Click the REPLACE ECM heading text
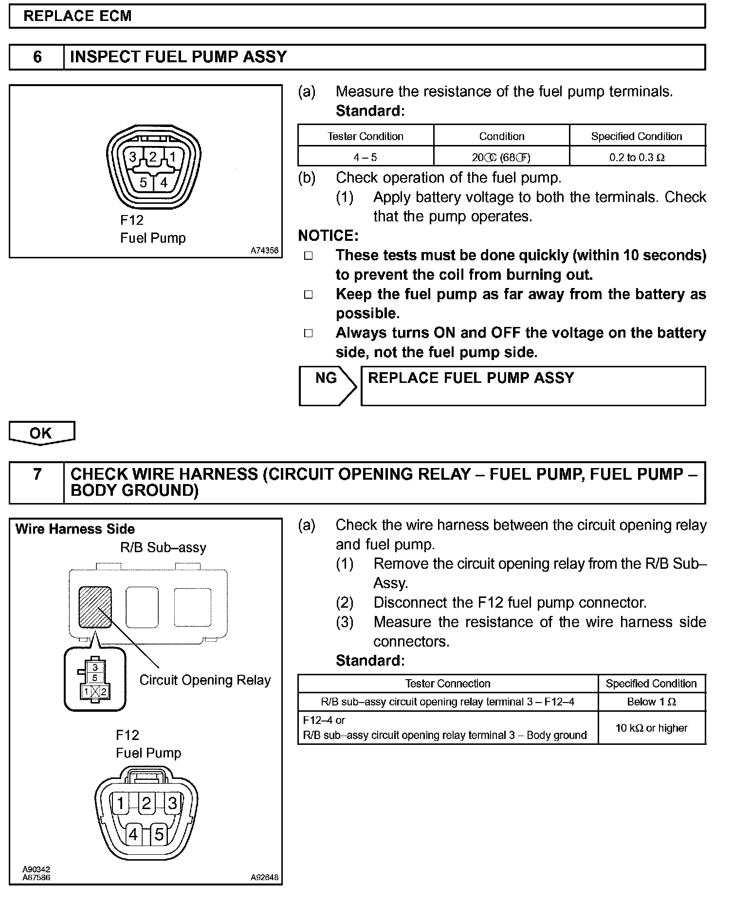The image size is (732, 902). [x=77, y=16]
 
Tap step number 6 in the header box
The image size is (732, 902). [x=37, y=57]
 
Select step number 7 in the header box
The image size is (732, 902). [x=37, y=474]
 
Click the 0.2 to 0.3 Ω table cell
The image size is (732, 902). [x=637, y=158]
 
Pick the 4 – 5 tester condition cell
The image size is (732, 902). [x=365, y=158]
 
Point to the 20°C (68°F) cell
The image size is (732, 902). [x=501, y=158]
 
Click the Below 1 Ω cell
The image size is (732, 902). [x=651, y=702]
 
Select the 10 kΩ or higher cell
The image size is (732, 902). [x=651, y=728]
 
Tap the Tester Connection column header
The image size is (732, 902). [x=447, y=684]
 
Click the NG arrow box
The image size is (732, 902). [x=327, y=385]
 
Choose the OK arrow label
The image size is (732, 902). [x=41, y=433]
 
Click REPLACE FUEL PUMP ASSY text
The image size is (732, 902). [x=471, y=378]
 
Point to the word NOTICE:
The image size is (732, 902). [x=328, y=236]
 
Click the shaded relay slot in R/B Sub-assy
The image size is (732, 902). [x=95, y=607]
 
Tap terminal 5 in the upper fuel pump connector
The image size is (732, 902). [x=143, y=182]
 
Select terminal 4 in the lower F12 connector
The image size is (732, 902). [x=133, y=835]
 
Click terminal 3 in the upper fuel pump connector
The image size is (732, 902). [x=132, y=157]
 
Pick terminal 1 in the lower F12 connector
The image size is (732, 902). [x=120, y=803]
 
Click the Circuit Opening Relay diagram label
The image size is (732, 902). [x=205, y=680]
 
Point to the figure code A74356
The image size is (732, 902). [x=264, y=251]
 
